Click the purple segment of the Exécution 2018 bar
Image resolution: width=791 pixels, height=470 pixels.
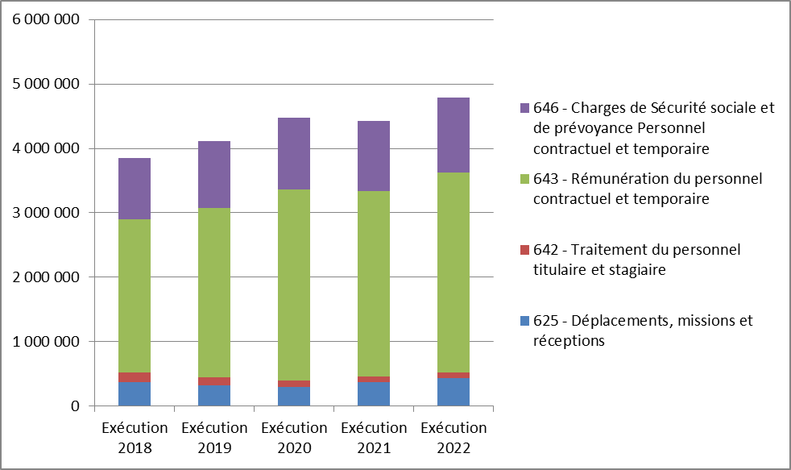tap(135, 189)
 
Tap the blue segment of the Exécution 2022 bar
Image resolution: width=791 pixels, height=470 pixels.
tap(453, 392)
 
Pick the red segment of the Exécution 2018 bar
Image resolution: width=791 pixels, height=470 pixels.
tap(135, 376)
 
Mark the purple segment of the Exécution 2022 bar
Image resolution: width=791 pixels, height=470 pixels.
tap(453, 135)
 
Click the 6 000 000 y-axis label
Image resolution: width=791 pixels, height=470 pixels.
tap(46, 19)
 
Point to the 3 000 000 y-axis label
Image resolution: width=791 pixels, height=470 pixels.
tap(46, 213)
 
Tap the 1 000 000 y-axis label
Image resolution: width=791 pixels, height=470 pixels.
tap(46, 342)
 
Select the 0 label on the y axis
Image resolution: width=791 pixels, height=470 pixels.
tap(74, 406)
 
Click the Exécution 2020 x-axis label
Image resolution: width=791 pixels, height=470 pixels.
tap(294, 438)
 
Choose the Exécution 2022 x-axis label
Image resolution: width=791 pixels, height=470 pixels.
tap(453, 438)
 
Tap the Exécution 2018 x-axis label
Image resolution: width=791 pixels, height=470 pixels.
tap(135, 438)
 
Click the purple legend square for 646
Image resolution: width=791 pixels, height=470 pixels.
tap(524, 108)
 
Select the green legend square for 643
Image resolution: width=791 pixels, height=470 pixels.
tap(524, 179)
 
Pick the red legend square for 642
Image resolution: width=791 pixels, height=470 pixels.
tap(524, 250)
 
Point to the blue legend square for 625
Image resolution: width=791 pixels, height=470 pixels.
tap(524, 321)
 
